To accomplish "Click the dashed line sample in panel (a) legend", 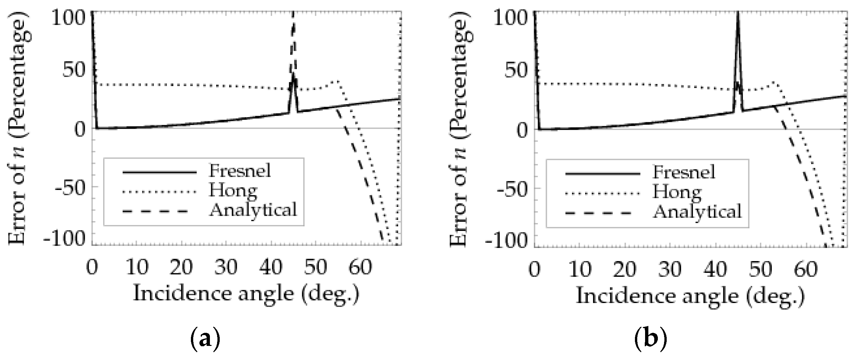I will click(155, 211).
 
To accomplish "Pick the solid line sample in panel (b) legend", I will click(603, 174).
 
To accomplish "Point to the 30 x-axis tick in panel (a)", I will click(226, 267).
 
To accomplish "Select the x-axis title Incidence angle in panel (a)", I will click(246, 294).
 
